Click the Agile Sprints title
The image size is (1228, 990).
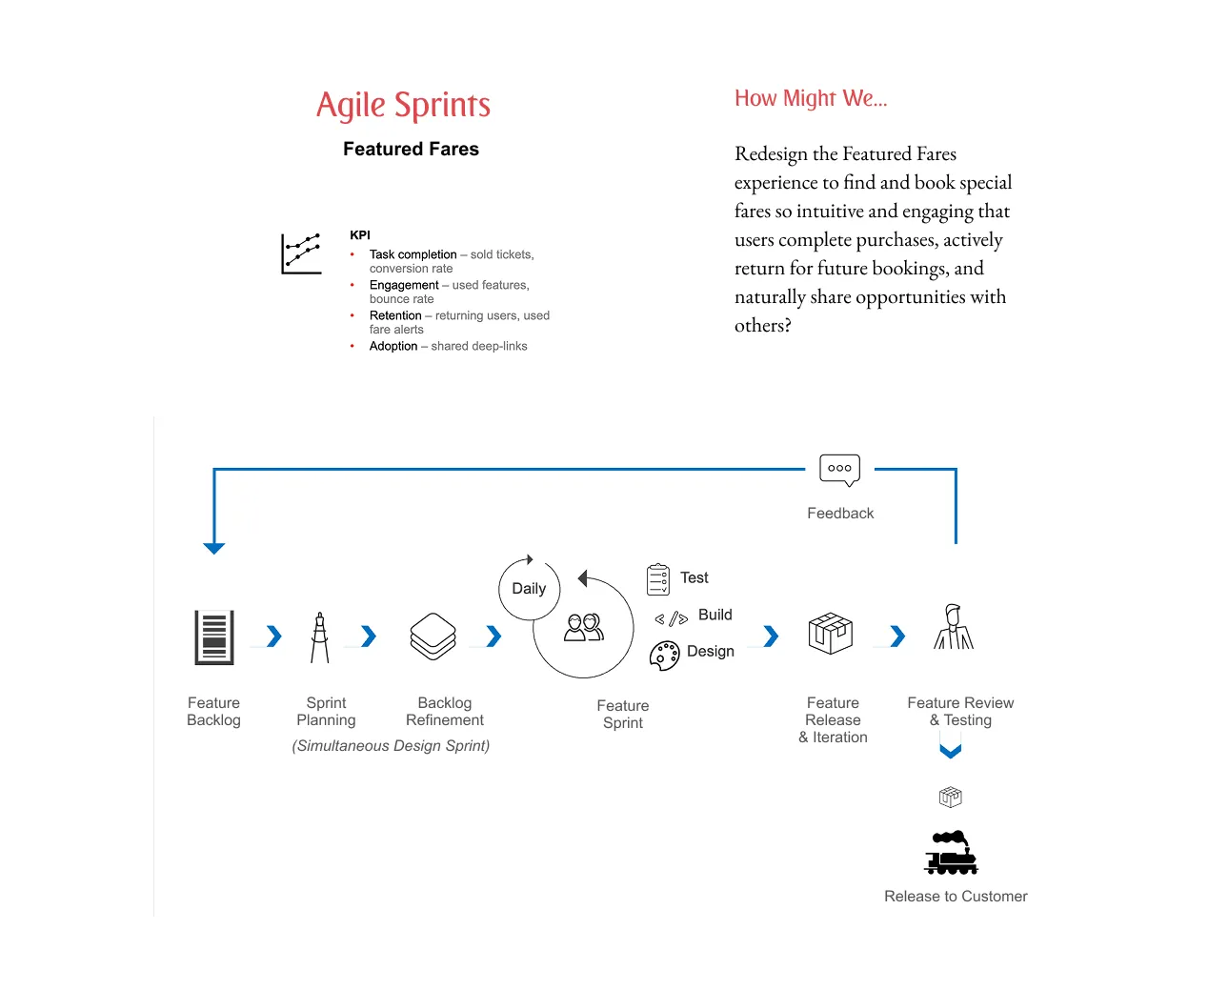coord(403,105)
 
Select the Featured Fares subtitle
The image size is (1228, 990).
coord(411,149)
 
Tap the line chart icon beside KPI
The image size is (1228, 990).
coord(301,253)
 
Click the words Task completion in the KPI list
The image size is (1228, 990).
coord(413,254)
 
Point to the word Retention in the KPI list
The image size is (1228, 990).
coord(395,315)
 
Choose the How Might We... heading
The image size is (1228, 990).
coord(811,98)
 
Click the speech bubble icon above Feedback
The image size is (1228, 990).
coord(839,469)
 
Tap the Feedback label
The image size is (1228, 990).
coord(839,513)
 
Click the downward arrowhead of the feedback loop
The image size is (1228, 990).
coord(214,548)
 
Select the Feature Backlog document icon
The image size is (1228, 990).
coord(214,636)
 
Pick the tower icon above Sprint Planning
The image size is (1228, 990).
coord(320,637)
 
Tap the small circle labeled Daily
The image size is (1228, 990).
coord(529,589)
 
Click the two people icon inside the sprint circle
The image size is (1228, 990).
coord(584,627)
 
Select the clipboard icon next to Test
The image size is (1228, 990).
coord(658,578)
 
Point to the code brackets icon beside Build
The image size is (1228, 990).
coord(672,619)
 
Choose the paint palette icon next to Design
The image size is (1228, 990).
coord(664,655)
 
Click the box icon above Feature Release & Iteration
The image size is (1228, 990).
coord(830,633)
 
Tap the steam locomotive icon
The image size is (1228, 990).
coord(951,853)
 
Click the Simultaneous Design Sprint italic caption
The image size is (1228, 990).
coord(391,745)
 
